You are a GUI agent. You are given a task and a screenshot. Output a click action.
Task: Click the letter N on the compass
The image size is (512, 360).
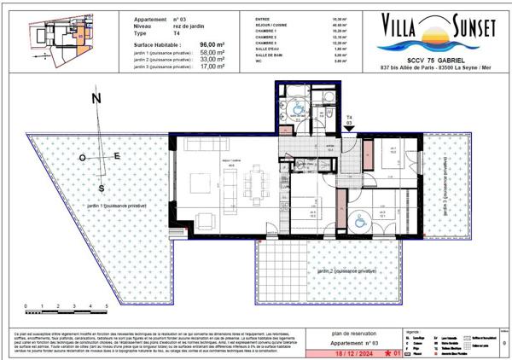click(x=96, y=99)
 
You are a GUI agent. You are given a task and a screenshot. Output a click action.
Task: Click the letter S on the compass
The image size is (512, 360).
click(x=102, y=188)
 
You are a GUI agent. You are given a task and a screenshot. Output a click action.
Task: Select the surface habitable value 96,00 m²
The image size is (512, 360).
click(x=212, y=43)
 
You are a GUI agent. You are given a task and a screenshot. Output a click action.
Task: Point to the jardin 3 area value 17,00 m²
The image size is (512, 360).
click(x=212, y=68)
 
